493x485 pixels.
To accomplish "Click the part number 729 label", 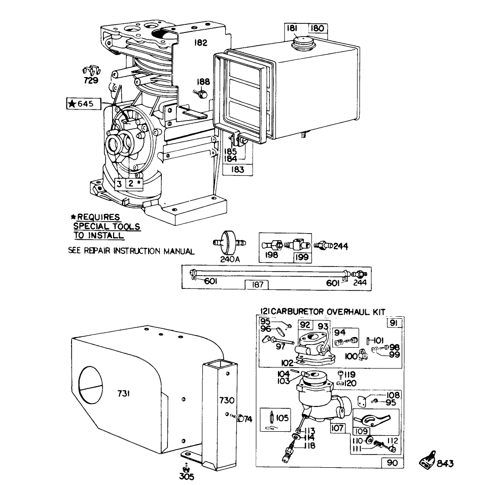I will tap(91, 81).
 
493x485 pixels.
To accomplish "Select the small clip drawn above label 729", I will tap(90, 70).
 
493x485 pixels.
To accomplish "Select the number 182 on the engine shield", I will tap(201, 43).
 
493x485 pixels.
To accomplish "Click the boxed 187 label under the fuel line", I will tap(257, 285).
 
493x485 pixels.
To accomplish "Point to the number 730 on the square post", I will tap(226, 400).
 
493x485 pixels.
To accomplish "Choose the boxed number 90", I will tap(392, 462).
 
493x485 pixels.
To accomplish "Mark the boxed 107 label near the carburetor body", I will tap(338, 428).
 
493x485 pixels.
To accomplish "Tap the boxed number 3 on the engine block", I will tap(119, 184).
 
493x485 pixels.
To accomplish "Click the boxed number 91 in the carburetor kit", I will tap(395, 323).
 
